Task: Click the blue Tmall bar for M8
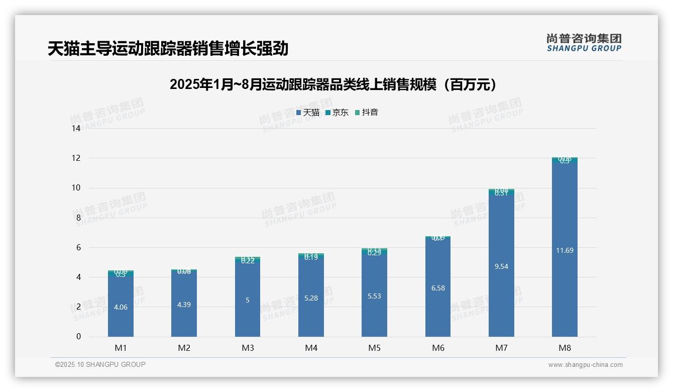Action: [565, 291]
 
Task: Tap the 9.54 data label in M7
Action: [501, 266]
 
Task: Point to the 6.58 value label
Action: [438, 288]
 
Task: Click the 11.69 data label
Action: [565, 250]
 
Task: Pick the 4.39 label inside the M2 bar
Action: [184, 305]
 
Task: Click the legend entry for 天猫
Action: [308, 113]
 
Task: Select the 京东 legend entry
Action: [337, 113]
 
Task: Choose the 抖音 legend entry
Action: [367, 113]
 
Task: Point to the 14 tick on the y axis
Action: [76, 128]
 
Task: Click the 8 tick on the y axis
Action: [78, 218]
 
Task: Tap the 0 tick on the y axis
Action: [78, 337]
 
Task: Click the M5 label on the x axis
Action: [374, 348]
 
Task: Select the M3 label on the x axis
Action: [248, 348]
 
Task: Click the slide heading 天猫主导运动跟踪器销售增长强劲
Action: [168, 49]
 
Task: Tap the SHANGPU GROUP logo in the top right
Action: [584, 43]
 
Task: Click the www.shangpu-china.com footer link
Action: [585, 365]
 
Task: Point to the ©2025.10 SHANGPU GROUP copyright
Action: [100, 364]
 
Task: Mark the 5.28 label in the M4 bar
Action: [311, 298]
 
